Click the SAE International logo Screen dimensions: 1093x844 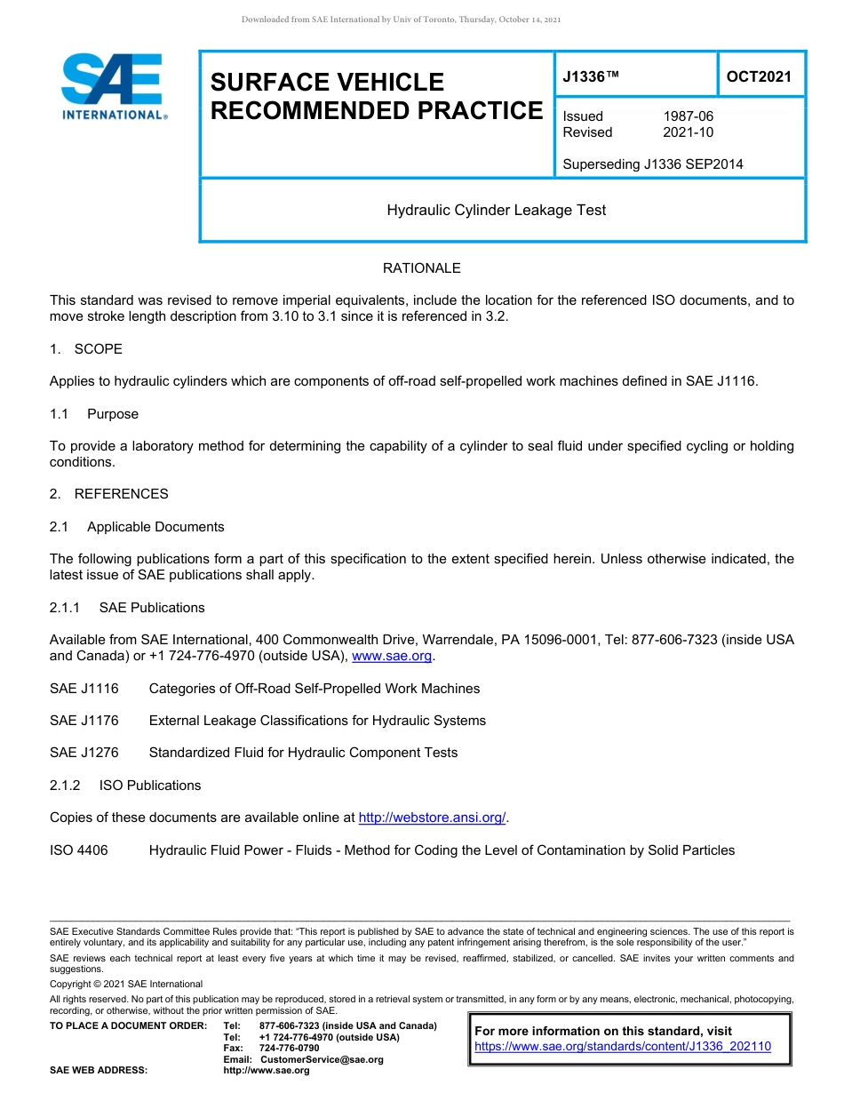112,87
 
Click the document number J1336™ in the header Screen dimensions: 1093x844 590,77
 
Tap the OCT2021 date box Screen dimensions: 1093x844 759,77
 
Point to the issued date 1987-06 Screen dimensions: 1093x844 688,116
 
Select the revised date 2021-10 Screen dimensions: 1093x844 688,132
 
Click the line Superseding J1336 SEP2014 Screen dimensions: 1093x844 653,164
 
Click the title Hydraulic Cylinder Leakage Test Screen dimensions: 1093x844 497,211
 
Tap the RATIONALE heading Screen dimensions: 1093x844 421,268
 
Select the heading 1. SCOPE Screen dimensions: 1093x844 86,349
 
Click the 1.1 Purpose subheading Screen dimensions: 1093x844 94,414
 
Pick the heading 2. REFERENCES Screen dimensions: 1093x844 109,494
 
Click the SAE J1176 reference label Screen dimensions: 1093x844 84,721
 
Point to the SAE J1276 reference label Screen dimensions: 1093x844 84,753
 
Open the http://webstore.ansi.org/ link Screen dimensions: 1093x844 432,818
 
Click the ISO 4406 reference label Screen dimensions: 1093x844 79,850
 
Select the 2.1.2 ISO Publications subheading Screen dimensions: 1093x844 125,786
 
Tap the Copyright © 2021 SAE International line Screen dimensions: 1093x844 126,985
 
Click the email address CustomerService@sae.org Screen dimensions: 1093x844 322,1060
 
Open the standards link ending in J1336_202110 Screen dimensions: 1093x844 623,1047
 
